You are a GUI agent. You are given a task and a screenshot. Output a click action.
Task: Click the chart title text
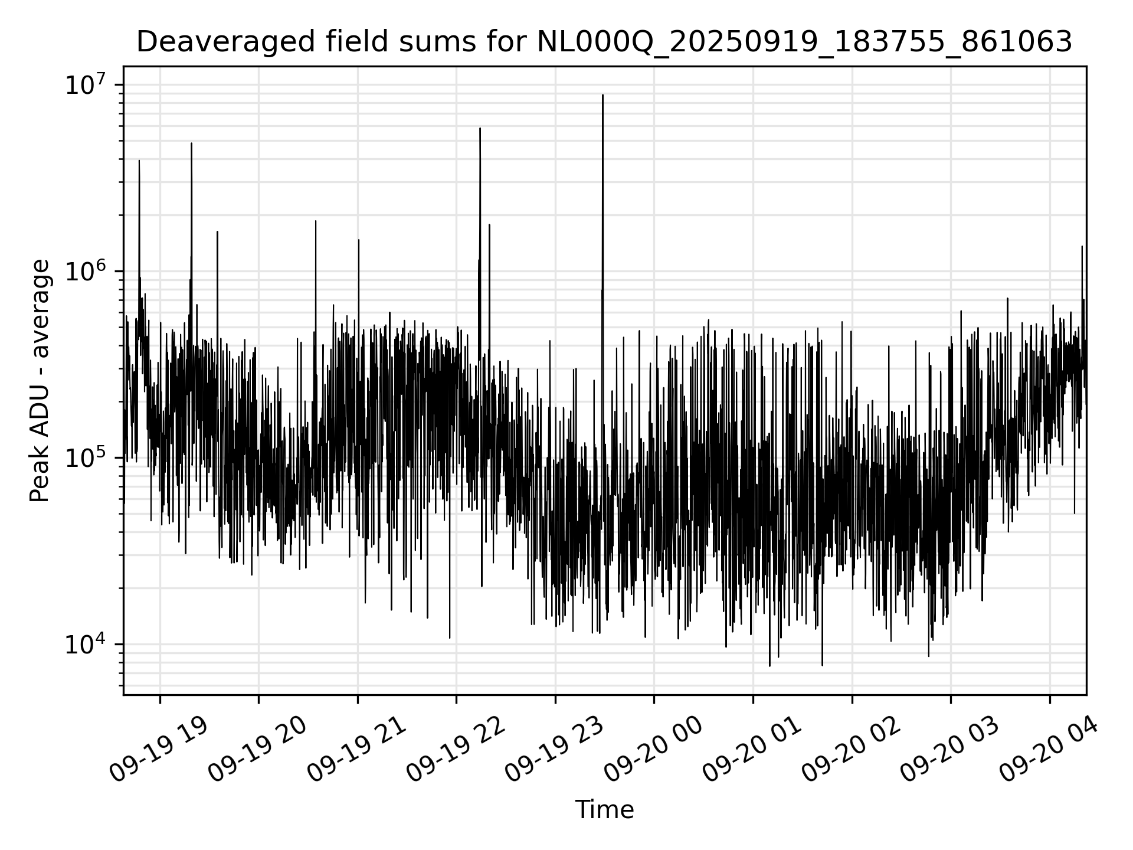click(604, 42)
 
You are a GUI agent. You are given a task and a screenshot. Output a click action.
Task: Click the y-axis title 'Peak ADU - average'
click(40, 381)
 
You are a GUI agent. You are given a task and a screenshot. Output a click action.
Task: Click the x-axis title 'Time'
click(604, 810)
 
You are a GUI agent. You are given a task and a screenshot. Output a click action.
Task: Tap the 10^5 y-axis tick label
click(86, 458)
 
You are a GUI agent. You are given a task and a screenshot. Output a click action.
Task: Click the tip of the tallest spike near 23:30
click(602, 95)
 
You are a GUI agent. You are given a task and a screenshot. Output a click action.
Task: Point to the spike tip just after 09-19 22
click(480, 128)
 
